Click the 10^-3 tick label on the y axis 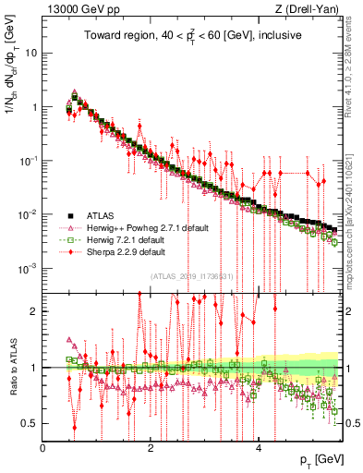(28, 269)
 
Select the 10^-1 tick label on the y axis (28, 161)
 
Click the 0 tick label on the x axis (43, 448)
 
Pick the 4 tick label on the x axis (259, 448)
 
